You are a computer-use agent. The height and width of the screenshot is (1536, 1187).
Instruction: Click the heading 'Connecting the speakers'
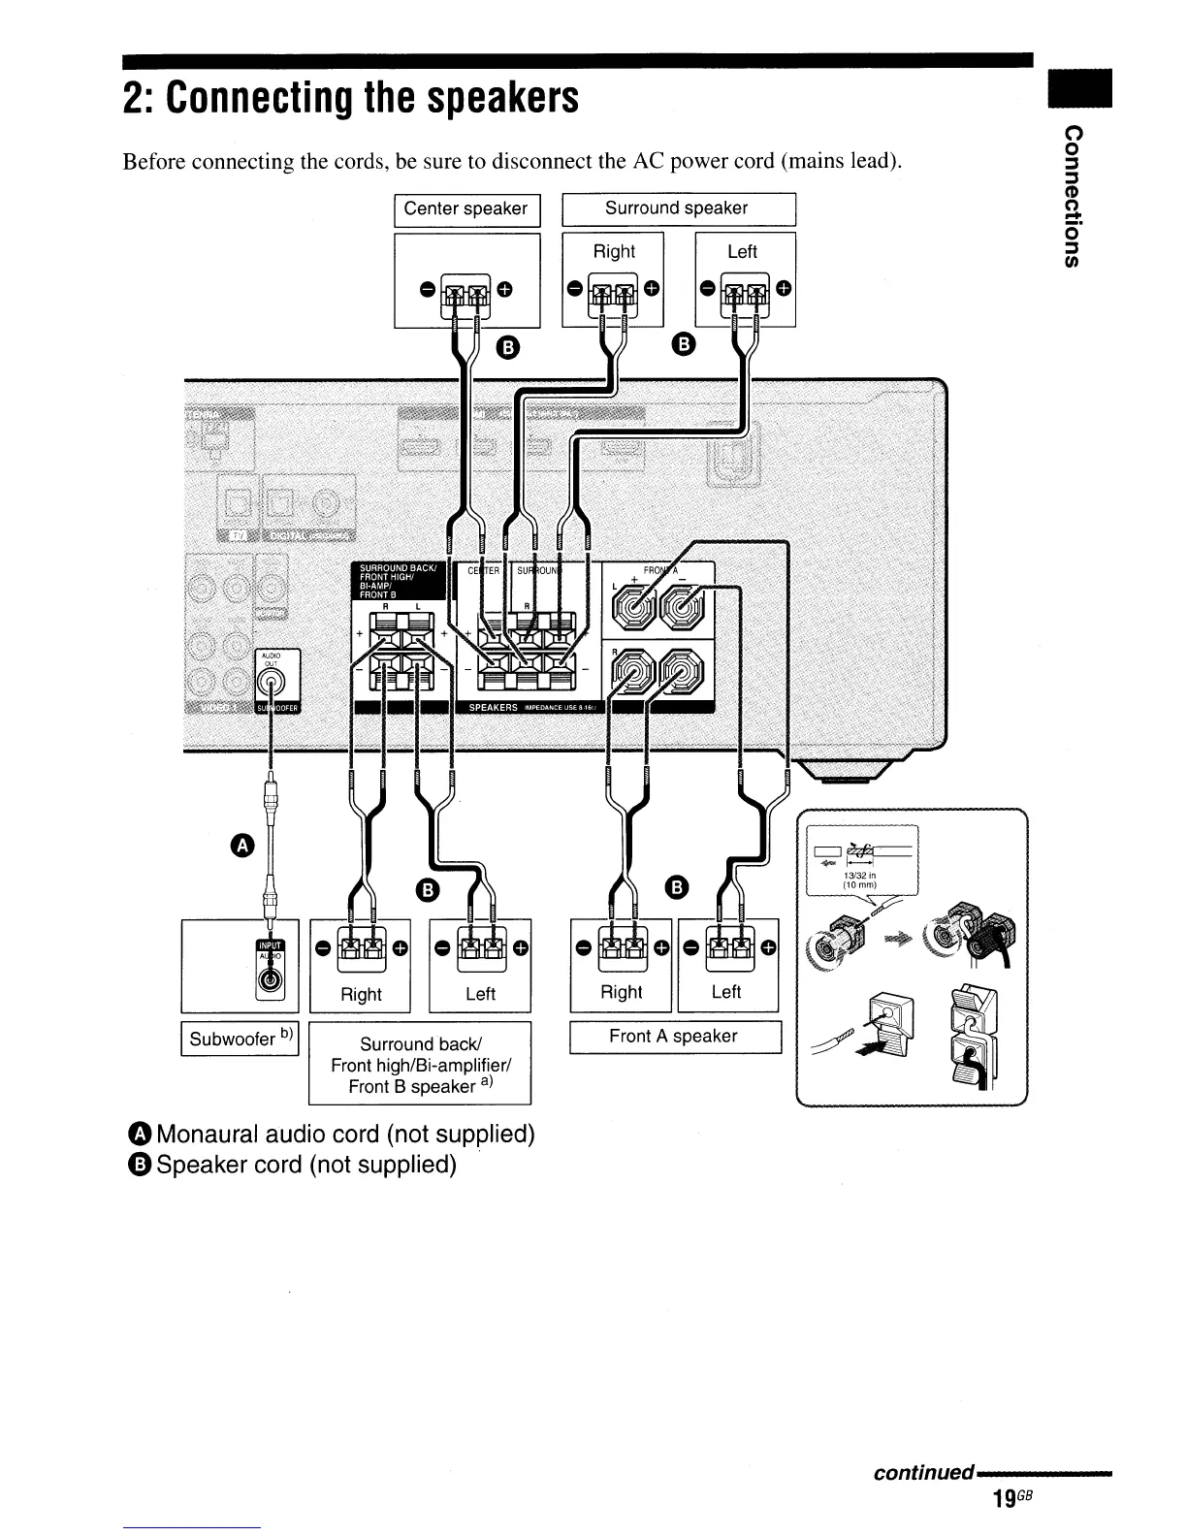click(350, 97)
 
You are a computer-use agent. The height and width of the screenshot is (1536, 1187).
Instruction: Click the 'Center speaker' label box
click(465, 208)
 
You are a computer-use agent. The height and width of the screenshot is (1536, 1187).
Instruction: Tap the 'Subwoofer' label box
click(240, 1038)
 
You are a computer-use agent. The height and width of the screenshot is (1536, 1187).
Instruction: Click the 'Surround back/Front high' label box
click(419, 1065)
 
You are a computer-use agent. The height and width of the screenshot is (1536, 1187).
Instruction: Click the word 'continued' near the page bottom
click(922, 1473)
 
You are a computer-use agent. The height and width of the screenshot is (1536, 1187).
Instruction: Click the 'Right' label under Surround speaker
click(614, 252)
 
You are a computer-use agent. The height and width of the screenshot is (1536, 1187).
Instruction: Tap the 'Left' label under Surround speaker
click(742, 252)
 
